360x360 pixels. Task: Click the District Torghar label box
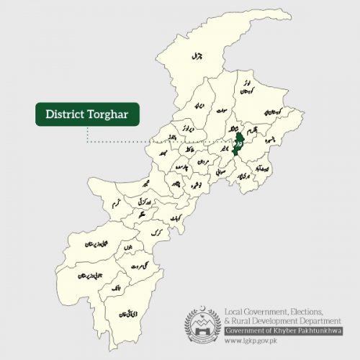(87, 114)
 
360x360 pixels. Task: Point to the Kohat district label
(174, 217)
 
